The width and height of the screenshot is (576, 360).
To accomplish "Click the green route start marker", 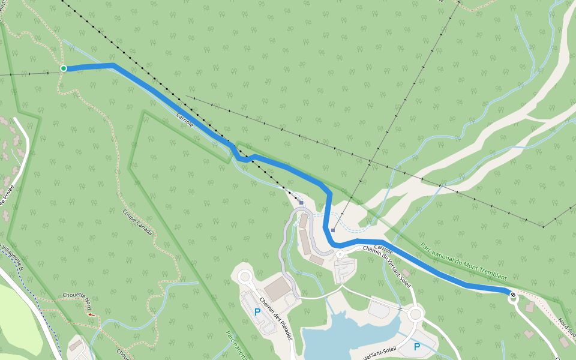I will tap(64, 69).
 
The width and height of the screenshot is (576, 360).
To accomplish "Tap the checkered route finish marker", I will tap(512, 295).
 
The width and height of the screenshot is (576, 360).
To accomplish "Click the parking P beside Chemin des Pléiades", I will tap(257, 312).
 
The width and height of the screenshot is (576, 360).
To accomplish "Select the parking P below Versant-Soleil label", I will tap(416, 347).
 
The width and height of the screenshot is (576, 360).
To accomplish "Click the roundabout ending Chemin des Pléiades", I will tap(245, 277).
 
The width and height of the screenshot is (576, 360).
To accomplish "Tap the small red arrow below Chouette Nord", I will tap(91, 314).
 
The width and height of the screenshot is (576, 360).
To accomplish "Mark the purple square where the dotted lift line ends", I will tap(301, 203).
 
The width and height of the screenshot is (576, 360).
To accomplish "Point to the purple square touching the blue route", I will tap(332, 230).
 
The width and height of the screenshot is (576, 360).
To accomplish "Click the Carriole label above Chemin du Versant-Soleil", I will tap(383, 248).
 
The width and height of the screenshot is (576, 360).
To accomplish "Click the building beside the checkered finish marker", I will tap(530, 307).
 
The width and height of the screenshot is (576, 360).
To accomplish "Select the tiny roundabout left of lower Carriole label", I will tap(340, 254).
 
